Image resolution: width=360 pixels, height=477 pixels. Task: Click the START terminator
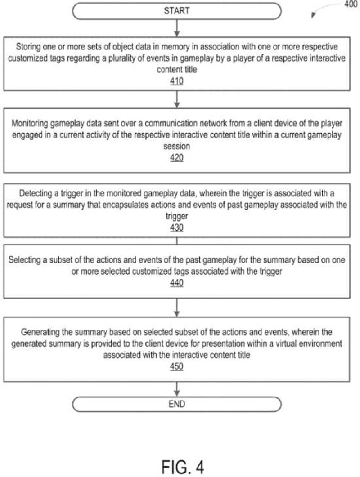(177, 11)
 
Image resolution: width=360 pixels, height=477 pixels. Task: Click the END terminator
(177, 404)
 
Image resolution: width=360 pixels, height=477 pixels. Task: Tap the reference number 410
(177, 81)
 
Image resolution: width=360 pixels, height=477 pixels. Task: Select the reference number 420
(177, 158)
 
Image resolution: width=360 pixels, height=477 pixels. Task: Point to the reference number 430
(177, 228)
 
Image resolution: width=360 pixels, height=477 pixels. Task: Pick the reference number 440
(177, 283)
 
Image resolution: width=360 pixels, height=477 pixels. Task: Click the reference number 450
(177, 367)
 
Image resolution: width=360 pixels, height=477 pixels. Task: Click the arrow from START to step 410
(177, 28)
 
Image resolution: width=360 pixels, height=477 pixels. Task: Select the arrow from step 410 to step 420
(177, 99)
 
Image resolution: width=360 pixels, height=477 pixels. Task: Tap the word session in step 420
(177, 146)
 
